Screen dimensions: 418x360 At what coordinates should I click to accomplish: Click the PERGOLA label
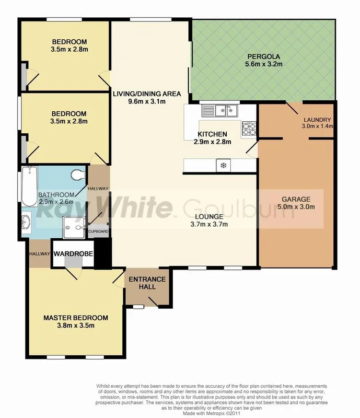pyautogui.click(x=263, y=56)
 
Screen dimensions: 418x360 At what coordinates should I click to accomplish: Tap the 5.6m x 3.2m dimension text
pyautogui.click(x=263, y=65)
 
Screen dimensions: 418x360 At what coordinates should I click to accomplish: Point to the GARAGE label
pyautogui.click(x=296, y=199)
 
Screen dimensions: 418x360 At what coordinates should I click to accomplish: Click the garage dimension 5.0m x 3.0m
pyautogui.click(x=296, y=207)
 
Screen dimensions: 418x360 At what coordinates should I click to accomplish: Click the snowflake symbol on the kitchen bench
pyautogui.click(x=223, y=166)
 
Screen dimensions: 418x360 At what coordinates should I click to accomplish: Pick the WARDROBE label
pyautogui.click(x=73, y=253)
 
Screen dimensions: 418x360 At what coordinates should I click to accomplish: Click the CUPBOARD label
pyautogui.click(x=98, y=231)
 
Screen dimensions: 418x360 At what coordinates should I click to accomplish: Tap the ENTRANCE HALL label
pyautogui.click(x=147, y=283)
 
